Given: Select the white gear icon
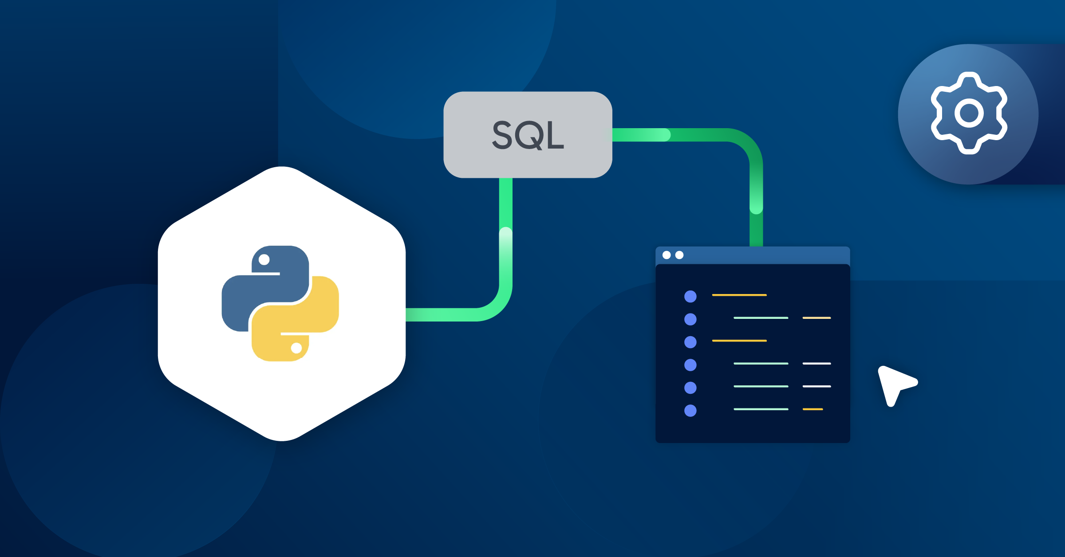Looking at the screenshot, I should pyautogui.click(x=969, y=113).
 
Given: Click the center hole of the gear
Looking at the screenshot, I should pyautogui.click(x=969, y=114).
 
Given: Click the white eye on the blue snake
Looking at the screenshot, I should pyautogui.click(x=264, y=259).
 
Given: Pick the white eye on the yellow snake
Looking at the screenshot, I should pyautogui.click(x=296, y=348).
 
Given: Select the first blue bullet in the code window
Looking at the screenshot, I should pyautogui.click(x=690, y=296).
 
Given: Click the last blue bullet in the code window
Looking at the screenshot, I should pyautogui.click(x=690, y=411).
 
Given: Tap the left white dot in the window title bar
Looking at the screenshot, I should pyautogui.click(x=667, y=255).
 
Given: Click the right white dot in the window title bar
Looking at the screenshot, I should pyautogui.click(x=679, y=255).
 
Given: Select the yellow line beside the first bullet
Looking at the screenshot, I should pyautogui.click(x=739, y=295).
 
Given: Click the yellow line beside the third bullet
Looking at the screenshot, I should pyautogui.click(x=739, y=341).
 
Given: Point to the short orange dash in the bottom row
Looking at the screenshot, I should pyautogui.click(x=813, y=409).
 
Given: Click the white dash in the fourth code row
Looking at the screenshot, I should pyautogui.click(x=816, y=364).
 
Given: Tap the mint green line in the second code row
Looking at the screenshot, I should pyautogui.click(x=761, y=318).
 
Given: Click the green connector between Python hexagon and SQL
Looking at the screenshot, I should pyautogui.click(x=505, y=266).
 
